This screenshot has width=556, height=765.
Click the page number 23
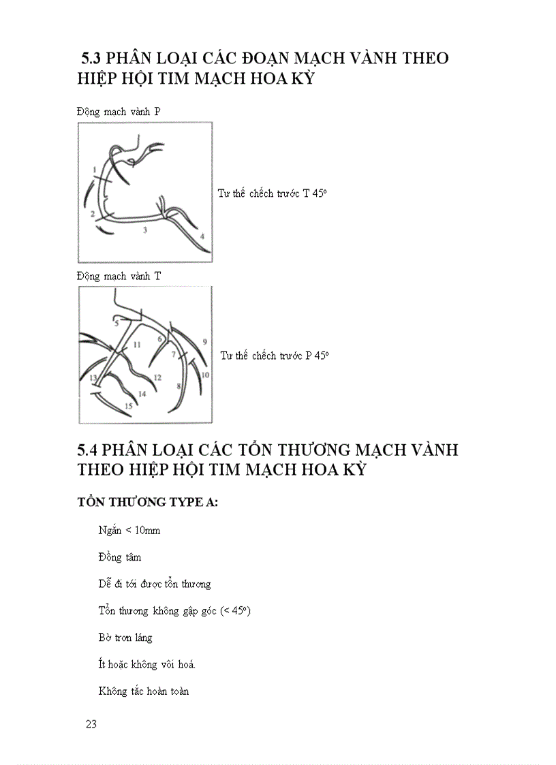click(91, 724)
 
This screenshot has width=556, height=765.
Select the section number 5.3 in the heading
click(93, 59)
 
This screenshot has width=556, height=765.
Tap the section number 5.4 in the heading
click(90, 450)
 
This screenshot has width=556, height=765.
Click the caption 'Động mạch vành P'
click(119, 112)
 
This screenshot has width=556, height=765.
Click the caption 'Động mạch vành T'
click(119, 276)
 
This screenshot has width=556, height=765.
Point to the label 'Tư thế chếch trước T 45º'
click(273, 193)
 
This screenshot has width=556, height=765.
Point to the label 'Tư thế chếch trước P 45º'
click(275, 356)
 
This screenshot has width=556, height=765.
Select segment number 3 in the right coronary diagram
click(144, 231)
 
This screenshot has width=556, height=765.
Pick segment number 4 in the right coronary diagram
click(202, 236)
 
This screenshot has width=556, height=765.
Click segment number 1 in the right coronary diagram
click(93, 168)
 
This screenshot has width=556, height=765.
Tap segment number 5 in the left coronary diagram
click(116, 323)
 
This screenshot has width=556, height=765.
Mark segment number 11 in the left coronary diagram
click(136, 345)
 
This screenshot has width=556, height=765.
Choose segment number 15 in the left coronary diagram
click(128, 406)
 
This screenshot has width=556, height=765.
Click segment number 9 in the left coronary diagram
click(204, 342)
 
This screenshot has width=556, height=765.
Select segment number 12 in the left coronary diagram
click(157, 377)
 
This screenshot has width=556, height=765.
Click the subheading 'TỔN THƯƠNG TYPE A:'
click(147, 503)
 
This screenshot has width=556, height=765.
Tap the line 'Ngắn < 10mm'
click(129, 530)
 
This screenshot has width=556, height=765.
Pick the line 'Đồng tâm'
click(120, 557)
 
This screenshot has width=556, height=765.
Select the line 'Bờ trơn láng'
click(125, 638)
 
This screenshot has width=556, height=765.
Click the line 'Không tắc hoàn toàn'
click(144, 691)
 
